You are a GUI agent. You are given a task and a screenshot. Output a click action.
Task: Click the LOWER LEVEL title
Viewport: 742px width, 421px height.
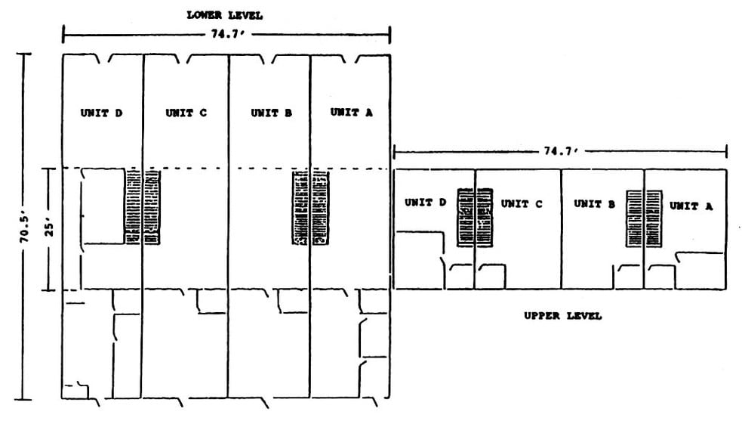coord(226,15)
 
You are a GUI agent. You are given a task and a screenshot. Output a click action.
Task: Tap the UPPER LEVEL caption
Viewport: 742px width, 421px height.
coord(562,316)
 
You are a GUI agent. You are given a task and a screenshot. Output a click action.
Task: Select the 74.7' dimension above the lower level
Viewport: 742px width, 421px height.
coord(226,34)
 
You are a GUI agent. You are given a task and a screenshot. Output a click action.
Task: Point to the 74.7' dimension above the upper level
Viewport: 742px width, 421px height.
coord(559,151)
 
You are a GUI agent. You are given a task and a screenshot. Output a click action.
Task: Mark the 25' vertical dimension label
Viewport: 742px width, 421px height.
coord(49,229)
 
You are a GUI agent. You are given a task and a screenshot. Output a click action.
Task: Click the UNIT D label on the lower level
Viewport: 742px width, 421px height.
coord(101,113)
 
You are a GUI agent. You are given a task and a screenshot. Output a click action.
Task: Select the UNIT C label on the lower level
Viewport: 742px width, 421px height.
coord(186,113)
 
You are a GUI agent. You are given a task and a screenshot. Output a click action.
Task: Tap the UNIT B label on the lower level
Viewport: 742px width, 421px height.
coord(271,113)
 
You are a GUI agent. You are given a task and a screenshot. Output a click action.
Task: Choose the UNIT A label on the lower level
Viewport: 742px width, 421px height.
coord(351,112)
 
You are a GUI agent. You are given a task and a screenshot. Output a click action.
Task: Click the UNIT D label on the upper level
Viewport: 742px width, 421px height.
coord(425,203)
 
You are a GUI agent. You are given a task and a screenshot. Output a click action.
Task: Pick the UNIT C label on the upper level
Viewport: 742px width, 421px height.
coord(521,203)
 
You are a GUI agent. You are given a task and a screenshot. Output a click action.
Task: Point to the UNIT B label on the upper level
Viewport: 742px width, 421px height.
coord(594,203)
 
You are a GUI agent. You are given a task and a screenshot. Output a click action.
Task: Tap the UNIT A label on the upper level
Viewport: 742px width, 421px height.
coord(690,204)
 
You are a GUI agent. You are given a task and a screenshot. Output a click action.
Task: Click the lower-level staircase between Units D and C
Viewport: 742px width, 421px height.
coord(143,208)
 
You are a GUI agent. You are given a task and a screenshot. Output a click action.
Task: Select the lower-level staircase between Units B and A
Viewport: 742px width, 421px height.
coord(310,209)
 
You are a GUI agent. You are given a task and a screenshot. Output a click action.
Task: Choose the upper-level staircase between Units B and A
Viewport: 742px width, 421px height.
coord(643,218)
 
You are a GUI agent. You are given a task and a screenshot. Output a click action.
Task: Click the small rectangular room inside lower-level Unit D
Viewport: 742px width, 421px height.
coord(103,206)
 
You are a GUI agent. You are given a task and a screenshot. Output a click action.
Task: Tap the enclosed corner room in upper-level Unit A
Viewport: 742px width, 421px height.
coord(701,271)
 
